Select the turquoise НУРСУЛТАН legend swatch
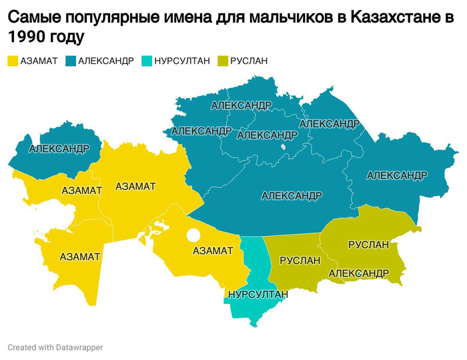pyautogui.click(x=146, y=61)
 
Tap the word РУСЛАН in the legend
pyautogui.click(x=249, y=61)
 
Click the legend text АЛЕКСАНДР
pyautogui.click(x=106, y=61)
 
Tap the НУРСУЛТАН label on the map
pyautogui.click(x=258, y=294)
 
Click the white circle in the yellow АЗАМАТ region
pyautogui.click(x=193, y=235)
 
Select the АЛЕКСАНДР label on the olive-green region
pyautogui.click(x=358, y=273)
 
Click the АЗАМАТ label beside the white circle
pyautogui.click(x=212, y=251)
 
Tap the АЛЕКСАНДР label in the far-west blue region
pyautogui.click(x=59, y=148)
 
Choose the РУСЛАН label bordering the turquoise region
pyautogui.click(x=300, y=261)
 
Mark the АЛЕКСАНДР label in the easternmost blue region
pyautogui.click(x=397, y=175)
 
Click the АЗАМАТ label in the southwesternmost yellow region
pyautogui.click(x=80, y=257)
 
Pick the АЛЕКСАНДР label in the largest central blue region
pyautogui.click(x=292, y=196)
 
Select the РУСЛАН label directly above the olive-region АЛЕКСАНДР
pyautogui.click(x=368, y=245)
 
